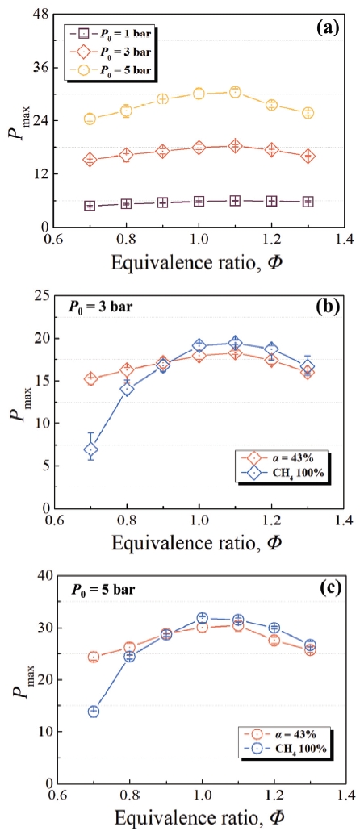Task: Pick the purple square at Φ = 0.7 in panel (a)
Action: pos(90,206)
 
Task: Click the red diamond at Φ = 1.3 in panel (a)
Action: pos(308,156)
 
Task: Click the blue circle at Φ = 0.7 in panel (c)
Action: pos(94,711)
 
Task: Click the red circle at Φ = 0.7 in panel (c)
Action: pos(94,657)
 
